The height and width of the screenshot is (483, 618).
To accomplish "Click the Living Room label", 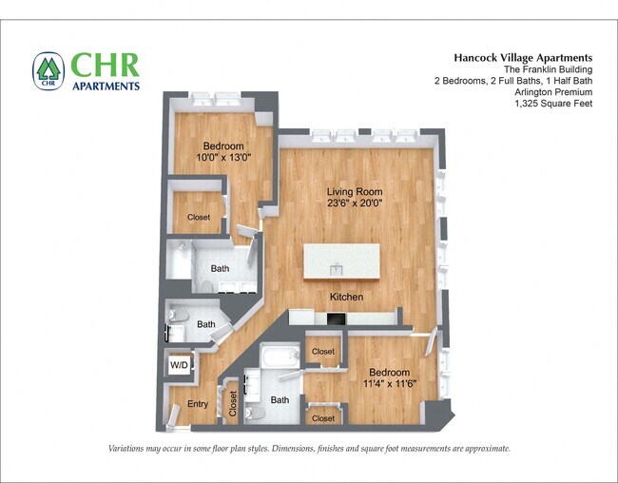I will [x=348, y=192].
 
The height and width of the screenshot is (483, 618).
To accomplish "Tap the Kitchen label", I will [x=346, y=298].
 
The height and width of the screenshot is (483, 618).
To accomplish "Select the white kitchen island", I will [x=341, y=261].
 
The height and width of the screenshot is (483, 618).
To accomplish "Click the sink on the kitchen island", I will [x=336, y=270].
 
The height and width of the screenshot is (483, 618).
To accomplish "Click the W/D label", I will [x=179, y=365].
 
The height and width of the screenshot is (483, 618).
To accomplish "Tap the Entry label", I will [x=197, y=404].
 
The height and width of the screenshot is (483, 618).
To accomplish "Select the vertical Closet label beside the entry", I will [x=233, y=404].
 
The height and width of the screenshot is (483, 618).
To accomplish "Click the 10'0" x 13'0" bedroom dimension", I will [x=223, y=158].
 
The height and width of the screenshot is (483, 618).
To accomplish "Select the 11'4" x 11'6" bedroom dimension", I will [x=390, y=385].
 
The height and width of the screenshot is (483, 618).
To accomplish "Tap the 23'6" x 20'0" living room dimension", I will [x=348, y=204].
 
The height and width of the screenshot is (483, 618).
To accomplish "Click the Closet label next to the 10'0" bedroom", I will [x=199, y=217].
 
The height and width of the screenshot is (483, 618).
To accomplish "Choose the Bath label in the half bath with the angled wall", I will [x=205, y=324].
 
